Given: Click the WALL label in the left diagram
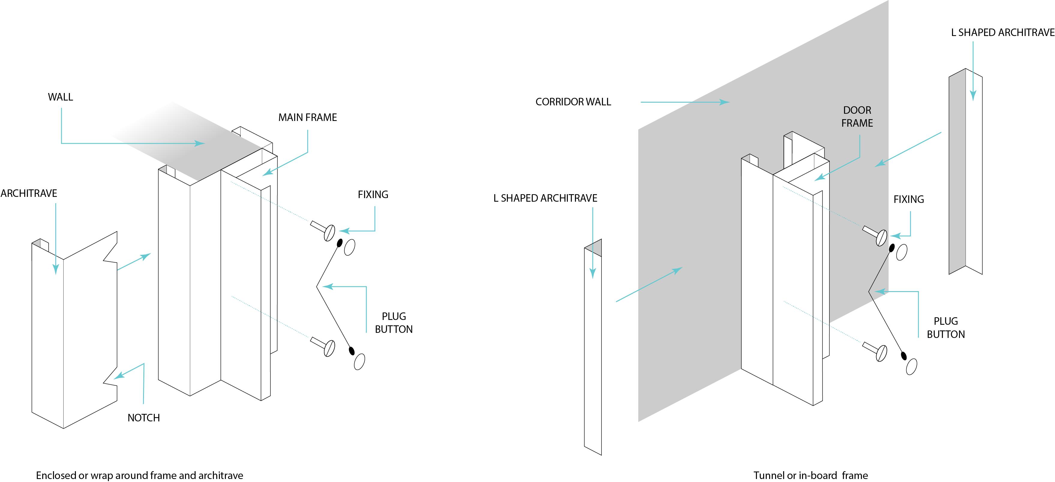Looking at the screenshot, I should coord(60,97).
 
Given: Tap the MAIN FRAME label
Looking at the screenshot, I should coord(307,118).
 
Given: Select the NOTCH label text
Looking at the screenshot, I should coord(143,418).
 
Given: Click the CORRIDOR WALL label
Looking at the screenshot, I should coord(573,102).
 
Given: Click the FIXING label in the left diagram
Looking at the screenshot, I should coord(373,195).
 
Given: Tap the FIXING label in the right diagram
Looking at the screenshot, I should coord(908,200).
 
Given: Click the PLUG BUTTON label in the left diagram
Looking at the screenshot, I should coord(394,323).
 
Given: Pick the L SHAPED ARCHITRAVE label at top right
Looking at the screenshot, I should coord(1002,32).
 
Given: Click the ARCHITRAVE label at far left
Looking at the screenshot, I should coord(29,194).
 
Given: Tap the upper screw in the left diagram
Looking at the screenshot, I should coord(324,230).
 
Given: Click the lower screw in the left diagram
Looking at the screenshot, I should coord(324,346).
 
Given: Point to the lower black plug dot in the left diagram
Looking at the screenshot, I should coord(351,351).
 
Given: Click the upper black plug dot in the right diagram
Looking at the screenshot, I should coord(891,248).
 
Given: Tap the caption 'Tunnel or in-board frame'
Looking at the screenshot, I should coord(811,475).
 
